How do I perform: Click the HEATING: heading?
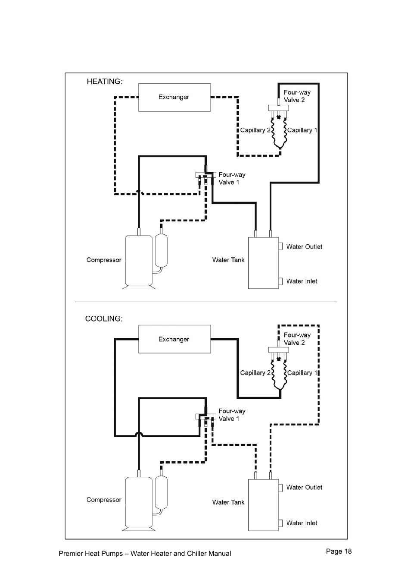105,82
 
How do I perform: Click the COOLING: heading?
104,319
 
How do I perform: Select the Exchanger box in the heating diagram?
174,97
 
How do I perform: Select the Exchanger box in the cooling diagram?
174,339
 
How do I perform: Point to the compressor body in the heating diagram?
139,261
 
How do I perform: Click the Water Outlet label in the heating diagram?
304,247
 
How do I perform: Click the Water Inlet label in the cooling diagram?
302,523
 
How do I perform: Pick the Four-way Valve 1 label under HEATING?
232,179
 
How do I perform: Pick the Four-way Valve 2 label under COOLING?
297,339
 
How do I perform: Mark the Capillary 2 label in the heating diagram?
255,130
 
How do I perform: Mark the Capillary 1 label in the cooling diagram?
302,373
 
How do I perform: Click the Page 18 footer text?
339,551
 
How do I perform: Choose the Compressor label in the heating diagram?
104,260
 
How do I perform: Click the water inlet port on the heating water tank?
280,281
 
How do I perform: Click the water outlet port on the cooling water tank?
280,488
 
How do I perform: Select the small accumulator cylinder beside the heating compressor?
161,250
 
